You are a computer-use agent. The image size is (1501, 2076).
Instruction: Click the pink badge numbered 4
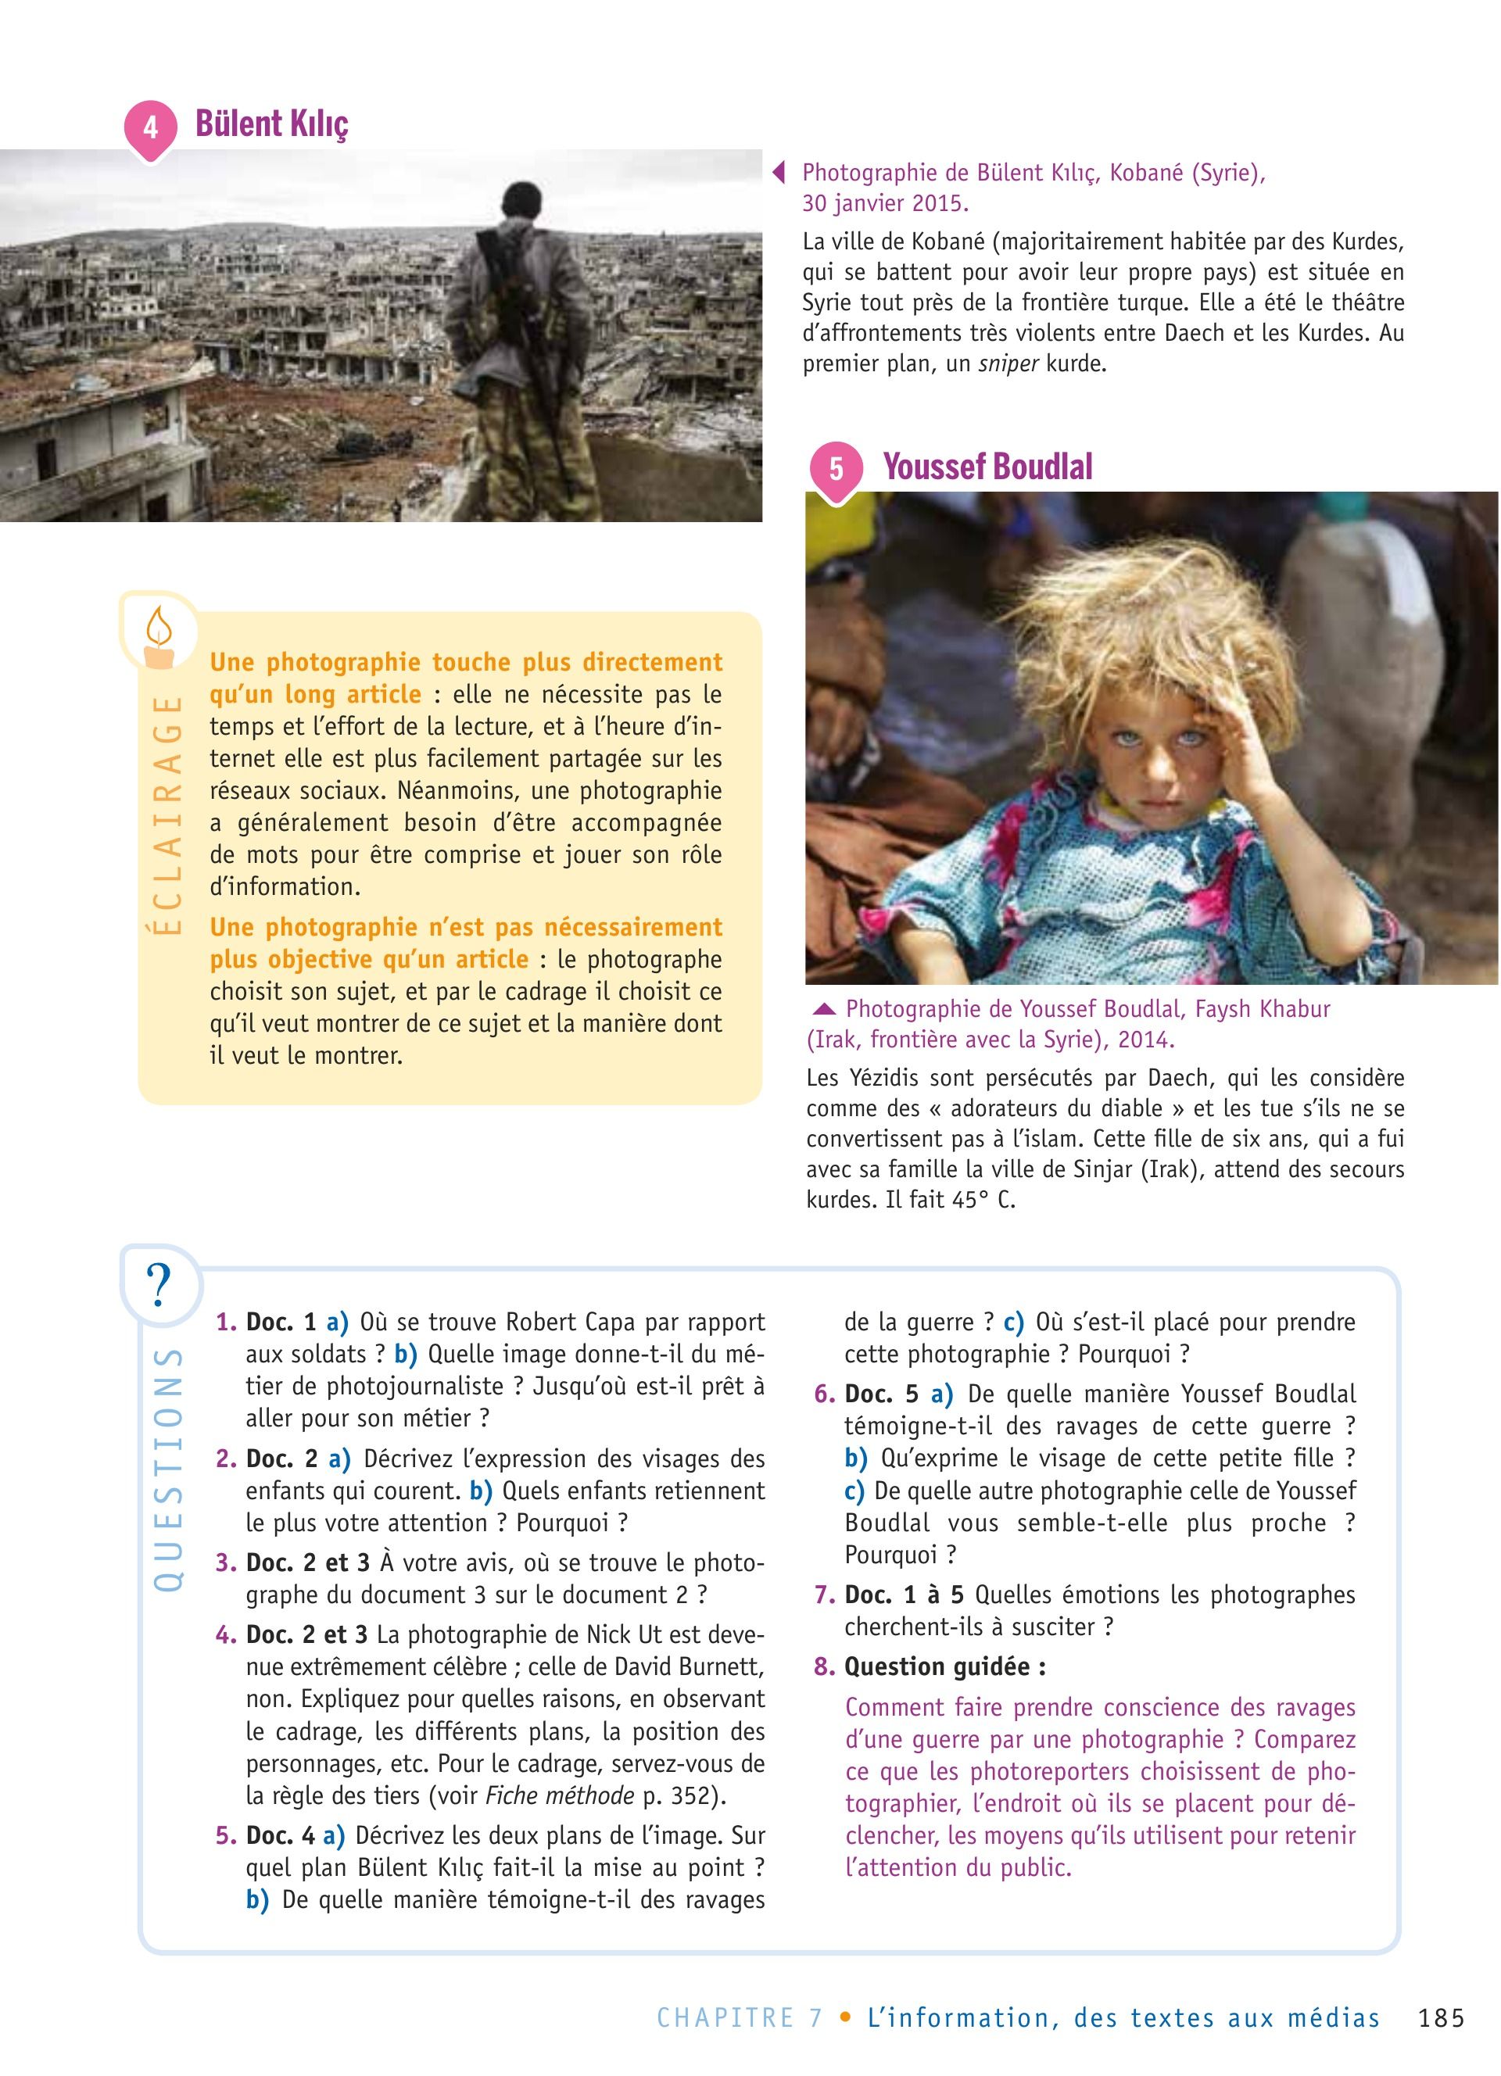click(x=150, y=128)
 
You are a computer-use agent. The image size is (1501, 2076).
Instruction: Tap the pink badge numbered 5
click(x=836, y=470)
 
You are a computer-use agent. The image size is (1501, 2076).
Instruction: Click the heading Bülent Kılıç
click(x=272, y=123)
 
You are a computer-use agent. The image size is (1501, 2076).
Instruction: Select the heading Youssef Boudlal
click(x=987, y=467)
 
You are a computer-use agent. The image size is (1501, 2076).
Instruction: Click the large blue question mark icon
click(x=159, y=1285)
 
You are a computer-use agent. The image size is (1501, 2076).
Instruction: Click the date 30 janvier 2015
click(x=885, y=202)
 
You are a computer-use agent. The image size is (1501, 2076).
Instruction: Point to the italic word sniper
click(x=1008, y=363)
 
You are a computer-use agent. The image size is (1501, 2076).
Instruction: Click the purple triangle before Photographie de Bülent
click(x=779, y=173)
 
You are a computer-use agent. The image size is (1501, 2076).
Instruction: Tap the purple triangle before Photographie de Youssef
click(x=824, y=1010)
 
